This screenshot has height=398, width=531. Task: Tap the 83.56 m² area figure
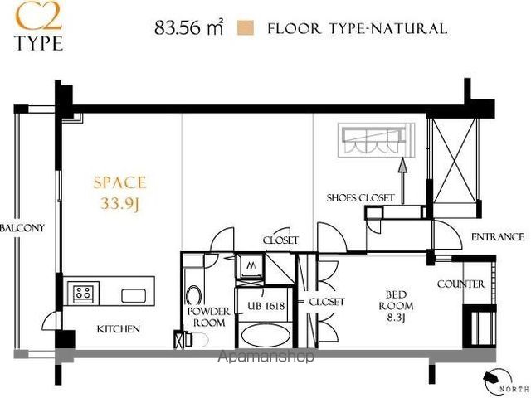(x=188, y=27)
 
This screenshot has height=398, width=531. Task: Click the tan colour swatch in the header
(x=246, y=28)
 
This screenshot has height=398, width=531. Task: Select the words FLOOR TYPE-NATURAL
(x=358, y=28)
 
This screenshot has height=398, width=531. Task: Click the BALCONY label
(x=22, y=228)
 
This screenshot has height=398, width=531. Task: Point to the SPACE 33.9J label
(x=119, y=193)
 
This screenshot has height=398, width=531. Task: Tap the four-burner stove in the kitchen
(x=83, y=292)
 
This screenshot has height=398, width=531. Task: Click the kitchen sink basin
(x=134, y=295)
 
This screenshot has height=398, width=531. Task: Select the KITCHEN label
(x=118, y=329)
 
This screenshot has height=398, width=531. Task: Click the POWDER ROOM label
(x=208, y=317)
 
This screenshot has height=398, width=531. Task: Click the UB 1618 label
(x=265, y=306)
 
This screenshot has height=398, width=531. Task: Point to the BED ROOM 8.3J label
(x=396, y=306)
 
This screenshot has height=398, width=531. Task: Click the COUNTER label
(x=461, y=284)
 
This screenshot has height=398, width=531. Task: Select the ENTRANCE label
(x=498, y=237)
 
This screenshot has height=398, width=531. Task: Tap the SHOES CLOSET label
(x=360, y=197)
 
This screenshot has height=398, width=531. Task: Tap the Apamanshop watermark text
(x=265, y=357)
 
